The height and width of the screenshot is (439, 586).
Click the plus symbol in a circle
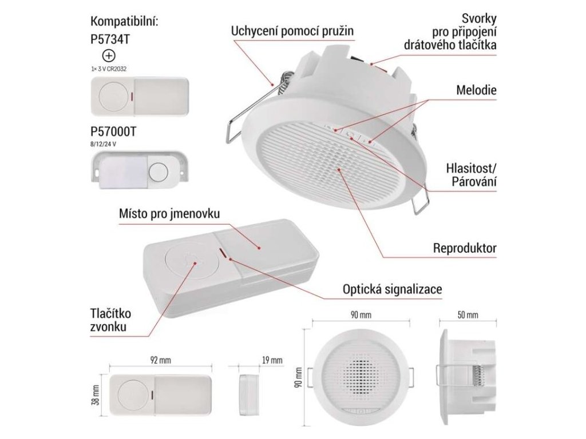pyautogui.click(x=108, y=56)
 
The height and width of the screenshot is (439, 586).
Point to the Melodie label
pyautogui.click(x=476, y=91)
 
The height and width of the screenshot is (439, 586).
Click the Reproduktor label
pyautogui.click(x=464, y=249)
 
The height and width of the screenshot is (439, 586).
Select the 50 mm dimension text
pyautogui.click(x=468, y=315)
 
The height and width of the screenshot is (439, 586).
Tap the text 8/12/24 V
pyautogui.click(x=103, y=143)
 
